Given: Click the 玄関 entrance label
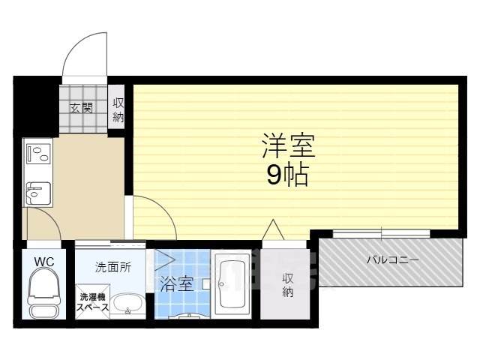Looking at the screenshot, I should [x=82, y=108].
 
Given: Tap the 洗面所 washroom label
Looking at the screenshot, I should [x=113, y=266].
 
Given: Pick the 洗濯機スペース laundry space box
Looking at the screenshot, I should [x=93, y=303].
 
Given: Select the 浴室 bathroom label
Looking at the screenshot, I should [x=177, y=284].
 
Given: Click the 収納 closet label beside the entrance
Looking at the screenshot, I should [x=118, y=109].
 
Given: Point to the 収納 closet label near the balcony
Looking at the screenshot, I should [x=288, y=285].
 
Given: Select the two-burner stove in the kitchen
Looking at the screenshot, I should [x=36, y=154].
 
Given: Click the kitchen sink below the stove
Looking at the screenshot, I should [x=37, y=193].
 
